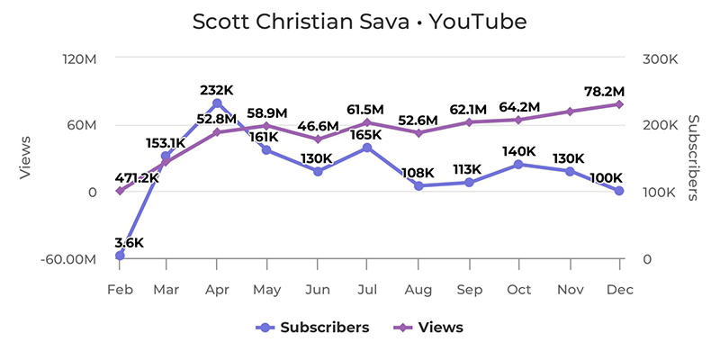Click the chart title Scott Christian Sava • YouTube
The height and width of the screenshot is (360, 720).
359,22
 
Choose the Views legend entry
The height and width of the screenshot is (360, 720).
429,328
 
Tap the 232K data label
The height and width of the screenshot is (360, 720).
217,90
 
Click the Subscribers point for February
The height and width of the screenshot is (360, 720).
120,256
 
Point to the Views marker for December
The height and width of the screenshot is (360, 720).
619,104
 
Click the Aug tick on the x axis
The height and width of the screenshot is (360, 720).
418,290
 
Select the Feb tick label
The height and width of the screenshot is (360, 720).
120,290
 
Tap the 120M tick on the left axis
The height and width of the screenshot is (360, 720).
79,58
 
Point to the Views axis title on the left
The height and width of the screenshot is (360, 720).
26,158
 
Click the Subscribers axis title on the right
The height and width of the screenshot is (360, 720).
693,158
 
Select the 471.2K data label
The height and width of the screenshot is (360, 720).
137,178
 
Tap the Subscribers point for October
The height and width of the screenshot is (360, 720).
519,164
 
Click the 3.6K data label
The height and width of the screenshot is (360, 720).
129,242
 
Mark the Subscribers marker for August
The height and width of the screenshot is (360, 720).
418,185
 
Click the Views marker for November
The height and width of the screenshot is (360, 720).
569,112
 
